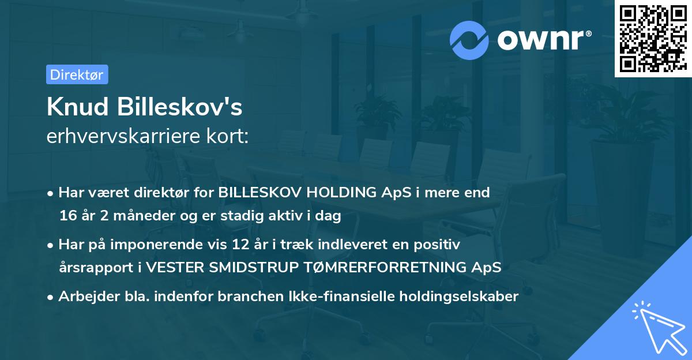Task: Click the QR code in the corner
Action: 652,38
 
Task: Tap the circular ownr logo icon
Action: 469,40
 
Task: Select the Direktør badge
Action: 77,74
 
